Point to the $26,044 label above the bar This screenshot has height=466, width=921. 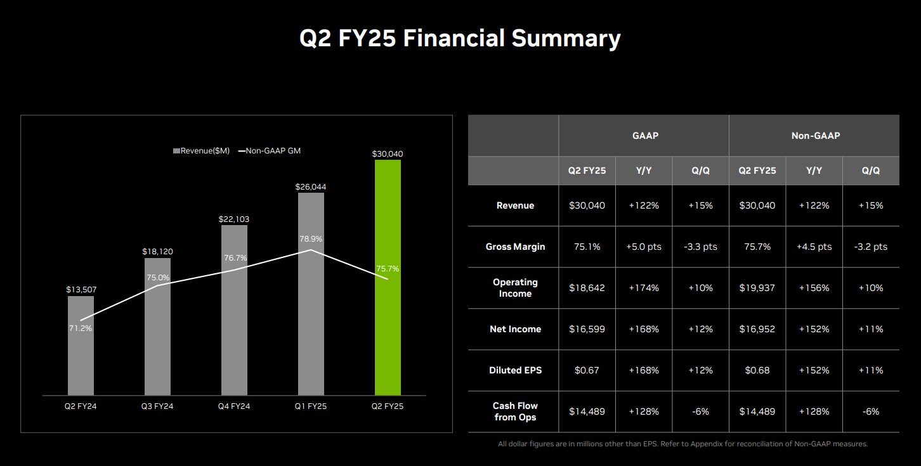pos(311,187)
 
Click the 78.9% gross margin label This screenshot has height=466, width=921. pos(311,239)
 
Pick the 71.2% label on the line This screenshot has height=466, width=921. pos(81,328)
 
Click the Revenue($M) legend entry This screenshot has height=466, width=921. pos(201,151)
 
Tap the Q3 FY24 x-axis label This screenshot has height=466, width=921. pos(157,406)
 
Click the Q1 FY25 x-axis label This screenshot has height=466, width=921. pos(311,406)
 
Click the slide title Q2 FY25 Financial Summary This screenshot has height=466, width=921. pos(460,39)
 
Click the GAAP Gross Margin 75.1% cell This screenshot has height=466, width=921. pos(587,247)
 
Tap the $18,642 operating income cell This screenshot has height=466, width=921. pos(587,288)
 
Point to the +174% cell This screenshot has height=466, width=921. pos(644,288)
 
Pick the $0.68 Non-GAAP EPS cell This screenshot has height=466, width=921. pos(757,370)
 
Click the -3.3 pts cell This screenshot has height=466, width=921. pos(700,247)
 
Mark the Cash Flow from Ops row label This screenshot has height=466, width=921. pos(515,411)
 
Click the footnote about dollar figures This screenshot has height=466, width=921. pos(683,444)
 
